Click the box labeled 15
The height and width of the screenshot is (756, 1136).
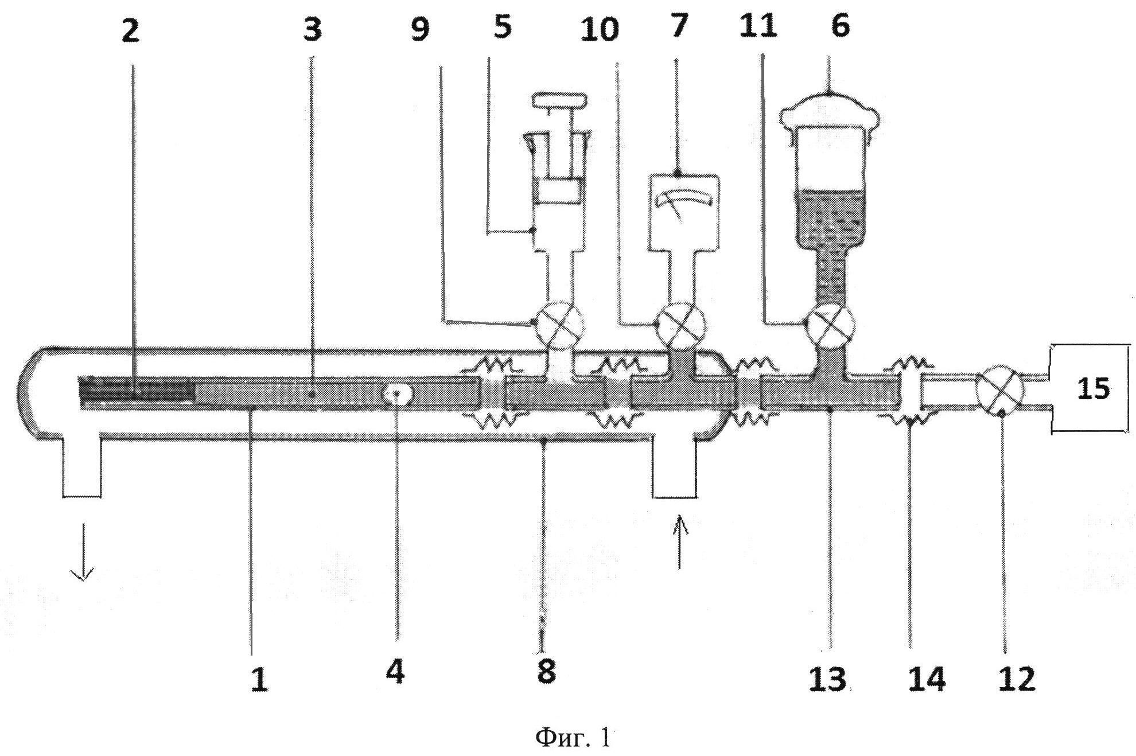1092,389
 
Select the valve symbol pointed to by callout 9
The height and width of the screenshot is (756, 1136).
558,325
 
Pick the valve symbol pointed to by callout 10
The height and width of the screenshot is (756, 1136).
681,325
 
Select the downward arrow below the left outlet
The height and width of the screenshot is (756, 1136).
83,551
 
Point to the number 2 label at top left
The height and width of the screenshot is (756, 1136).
130,30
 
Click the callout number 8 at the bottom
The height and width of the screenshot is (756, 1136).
546,670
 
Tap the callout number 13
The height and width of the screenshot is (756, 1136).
827,679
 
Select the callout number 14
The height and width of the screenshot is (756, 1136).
927,679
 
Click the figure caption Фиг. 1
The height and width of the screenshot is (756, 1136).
572,737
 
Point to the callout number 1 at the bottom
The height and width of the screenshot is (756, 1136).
259,680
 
